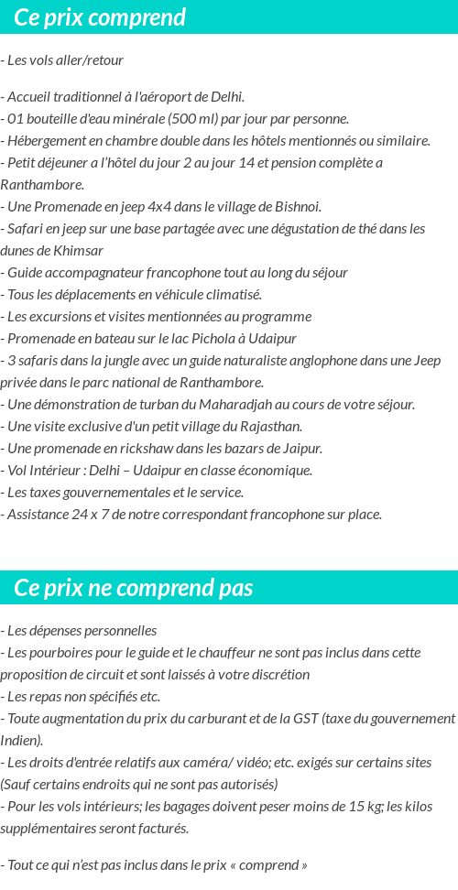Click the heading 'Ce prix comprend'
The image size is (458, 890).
(100, 17)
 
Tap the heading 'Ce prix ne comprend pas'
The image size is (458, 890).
(134, 587)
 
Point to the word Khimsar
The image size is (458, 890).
(77, 251)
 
